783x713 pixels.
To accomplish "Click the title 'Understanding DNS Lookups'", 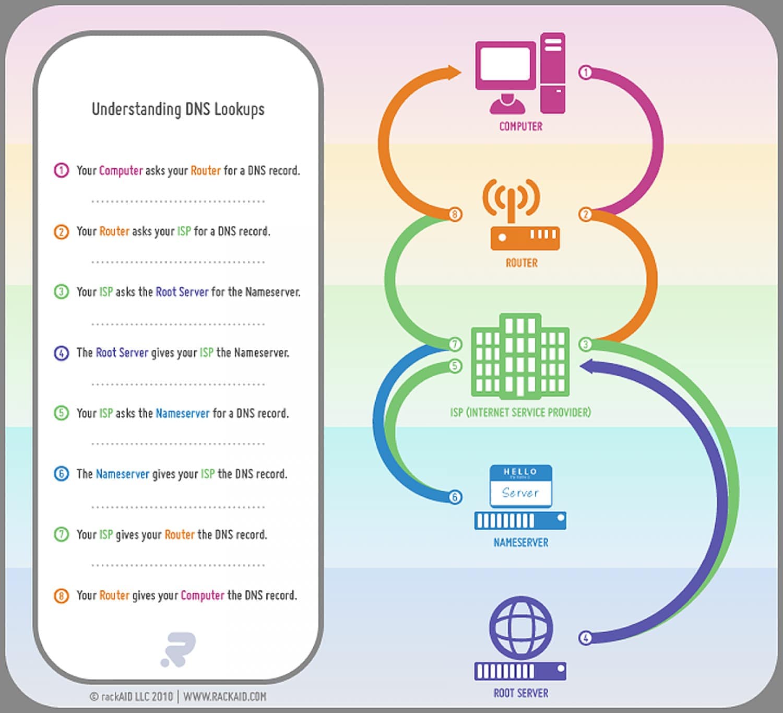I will coord(178,109).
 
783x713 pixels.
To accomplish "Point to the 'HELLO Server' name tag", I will coord(520,486).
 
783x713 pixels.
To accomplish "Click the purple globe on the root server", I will coord(520,627).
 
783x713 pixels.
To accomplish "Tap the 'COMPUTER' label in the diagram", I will coord(520,126).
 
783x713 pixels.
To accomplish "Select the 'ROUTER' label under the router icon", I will coord(521,263).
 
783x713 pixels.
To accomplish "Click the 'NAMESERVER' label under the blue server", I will coord(520,543).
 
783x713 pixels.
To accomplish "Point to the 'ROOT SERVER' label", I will coord(520,693).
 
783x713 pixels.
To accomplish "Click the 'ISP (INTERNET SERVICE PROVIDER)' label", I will coord(520,413).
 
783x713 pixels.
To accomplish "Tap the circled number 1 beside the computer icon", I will coord(586,73).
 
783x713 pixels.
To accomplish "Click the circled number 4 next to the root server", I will coord(586,638).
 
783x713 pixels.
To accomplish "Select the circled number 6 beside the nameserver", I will coord(455,497).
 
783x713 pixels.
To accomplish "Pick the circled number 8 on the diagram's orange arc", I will coord(455,214).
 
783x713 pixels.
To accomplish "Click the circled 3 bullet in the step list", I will coord(61,291).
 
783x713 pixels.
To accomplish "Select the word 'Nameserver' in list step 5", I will coord(183,413).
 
